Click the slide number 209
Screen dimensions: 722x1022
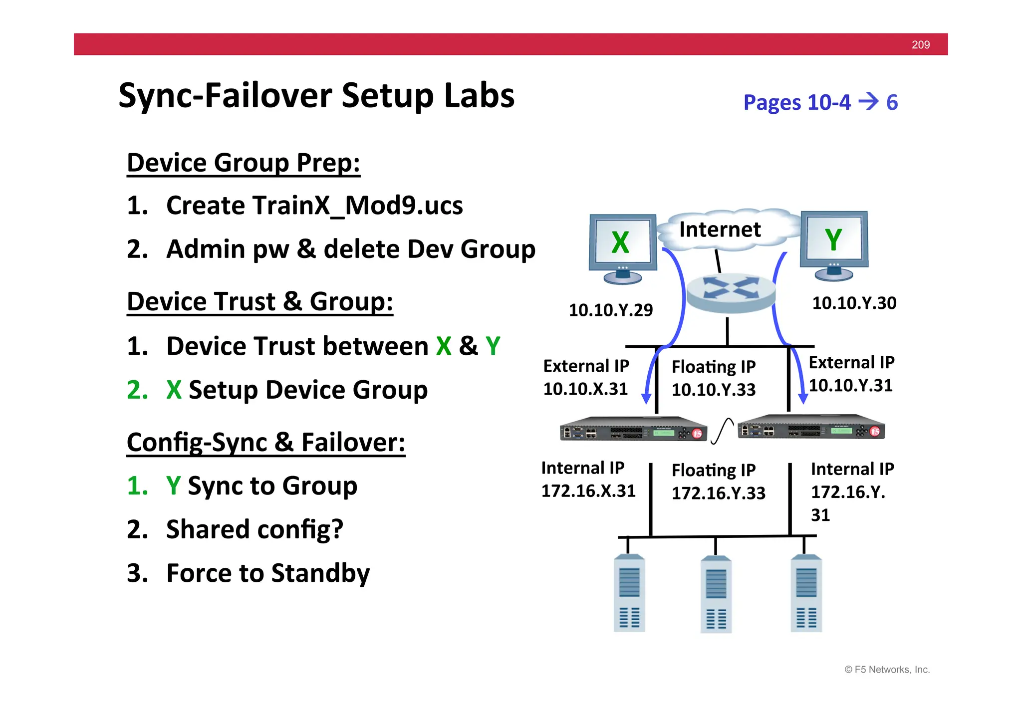click(x=920, y=44)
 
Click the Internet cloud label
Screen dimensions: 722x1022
click(x=720, y=230)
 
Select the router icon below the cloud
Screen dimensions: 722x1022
click(x=731, y=292)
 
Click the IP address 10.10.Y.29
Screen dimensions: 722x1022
click(x=610, y=310)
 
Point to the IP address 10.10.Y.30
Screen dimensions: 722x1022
click(x=854, y=303)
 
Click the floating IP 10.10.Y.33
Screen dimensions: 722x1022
click(x=713, y=390)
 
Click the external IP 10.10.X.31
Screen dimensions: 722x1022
click(x=585, y=389)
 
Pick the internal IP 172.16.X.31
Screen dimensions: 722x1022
click(x=588, y=490)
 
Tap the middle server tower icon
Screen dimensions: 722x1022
click(x=716, y=594)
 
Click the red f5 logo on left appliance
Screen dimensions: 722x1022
click(x=697, y=434)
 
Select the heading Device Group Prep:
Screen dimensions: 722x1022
click(x=243, y=163)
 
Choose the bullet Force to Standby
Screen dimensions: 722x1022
click(x=267, y=573)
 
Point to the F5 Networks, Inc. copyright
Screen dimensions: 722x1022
click(x=887, y=670)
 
